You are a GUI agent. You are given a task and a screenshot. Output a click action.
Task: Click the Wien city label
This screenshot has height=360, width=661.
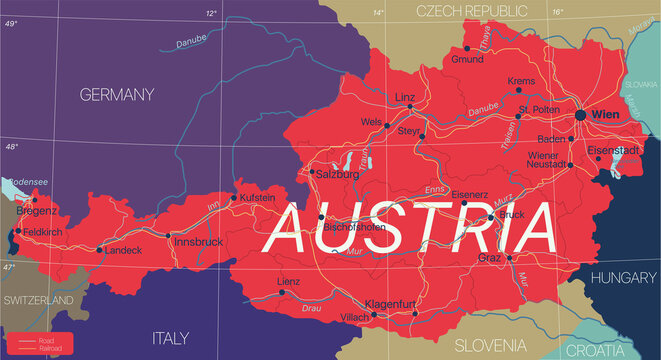[x=607, y=115]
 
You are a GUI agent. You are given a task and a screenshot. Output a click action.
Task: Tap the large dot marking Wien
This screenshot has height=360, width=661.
[x=581, y=116]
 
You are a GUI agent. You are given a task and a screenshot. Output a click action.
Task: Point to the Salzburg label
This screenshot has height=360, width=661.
[x=337, y=173]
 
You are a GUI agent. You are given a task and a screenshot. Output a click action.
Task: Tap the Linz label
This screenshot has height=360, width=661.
[x=405, y=97]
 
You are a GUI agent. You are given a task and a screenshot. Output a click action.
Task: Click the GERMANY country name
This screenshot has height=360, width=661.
[x=119, y=95]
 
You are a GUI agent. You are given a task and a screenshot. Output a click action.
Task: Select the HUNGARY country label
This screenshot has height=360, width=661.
[x=622, y=281]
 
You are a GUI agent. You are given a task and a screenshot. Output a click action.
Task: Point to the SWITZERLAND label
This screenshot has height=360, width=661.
[x=37, y=300]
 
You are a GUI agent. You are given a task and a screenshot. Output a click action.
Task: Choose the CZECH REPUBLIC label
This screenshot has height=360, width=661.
[x=471, y=11]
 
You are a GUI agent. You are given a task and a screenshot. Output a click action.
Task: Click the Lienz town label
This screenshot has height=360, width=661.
[x=289, y=282]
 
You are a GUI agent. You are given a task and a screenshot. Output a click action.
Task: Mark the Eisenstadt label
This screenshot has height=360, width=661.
[x=612, y=151]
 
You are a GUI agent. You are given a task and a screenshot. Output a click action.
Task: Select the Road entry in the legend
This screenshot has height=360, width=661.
[x=47, y=339]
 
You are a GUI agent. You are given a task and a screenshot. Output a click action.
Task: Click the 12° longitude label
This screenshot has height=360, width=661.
[x=211, y=13]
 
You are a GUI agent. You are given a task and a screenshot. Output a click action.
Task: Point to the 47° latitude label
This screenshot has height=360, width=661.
[x=10, y=268]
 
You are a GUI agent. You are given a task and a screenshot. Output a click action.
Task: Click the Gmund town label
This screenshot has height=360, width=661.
[x=467, y=60]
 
